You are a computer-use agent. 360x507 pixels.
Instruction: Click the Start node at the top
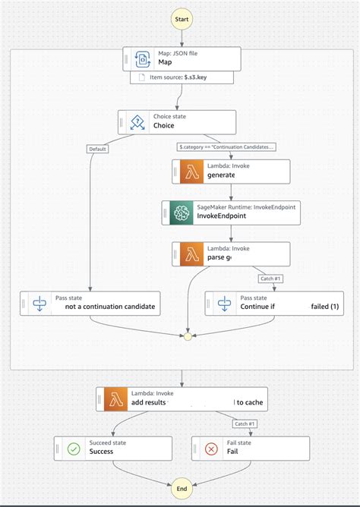tap(181, 17)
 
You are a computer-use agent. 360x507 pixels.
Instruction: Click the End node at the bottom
tap(181, 490)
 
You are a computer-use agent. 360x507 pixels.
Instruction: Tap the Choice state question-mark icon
tap(137, 122)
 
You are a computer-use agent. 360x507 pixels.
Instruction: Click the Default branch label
tap(97, 149)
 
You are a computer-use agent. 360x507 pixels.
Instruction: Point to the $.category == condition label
tap(226, 146)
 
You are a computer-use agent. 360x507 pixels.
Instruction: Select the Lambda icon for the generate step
tap(188, 171)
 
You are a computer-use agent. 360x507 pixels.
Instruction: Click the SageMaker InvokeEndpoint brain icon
tap(179, 213)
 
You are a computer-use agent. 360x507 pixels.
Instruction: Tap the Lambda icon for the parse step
tap(188, 253)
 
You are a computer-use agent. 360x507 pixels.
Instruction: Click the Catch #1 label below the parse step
tap(271, 279)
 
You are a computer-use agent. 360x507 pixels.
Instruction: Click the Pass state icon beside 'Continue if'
tap(224, 304)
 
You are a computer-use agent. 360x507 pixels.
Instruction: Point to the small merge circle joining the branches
tap(188, 335)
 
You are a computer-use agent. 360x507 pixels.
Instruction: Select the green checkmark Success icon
tap(74, 448)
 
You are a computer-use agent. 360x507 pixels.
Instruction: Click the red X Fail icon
tap(210, 448)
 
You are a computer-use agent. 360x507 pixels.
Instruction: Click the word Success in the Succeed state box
tap(101, 452)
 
